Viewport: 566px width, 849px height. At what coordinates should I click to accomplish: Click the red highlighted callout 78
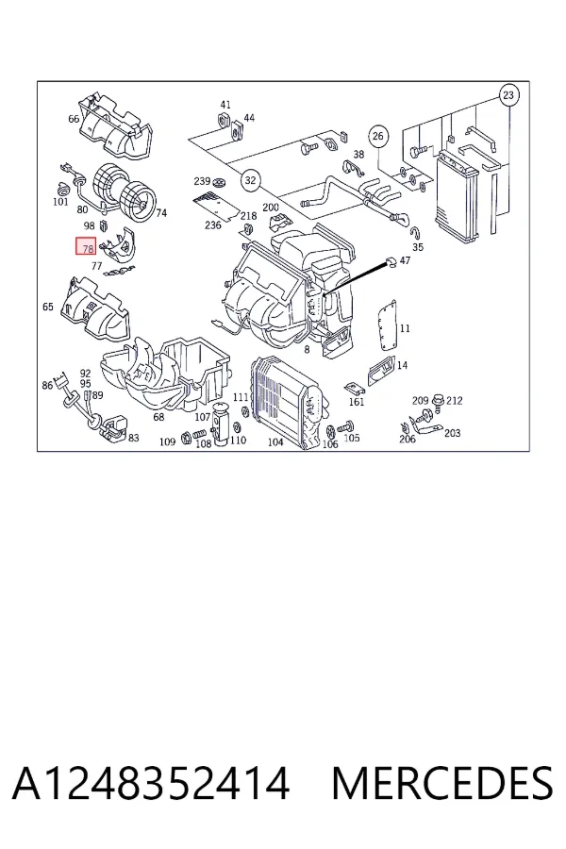[86, 247]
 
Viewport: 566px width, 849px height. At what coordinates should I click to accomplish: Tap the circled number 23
[508, 95]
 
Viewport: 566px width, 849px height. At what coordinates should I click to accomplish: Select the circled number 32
[250, 180]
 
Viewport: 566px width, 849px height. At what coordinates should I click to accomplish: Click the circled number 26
[378, 135]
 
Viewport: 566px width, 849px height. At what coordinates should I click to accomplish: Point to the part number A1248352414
[151, 784]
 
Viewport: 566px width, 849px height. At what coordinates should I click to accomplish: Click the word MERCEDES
[442, 784]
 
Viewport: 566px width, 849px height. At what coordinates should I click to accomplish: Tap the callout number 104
[275, 442]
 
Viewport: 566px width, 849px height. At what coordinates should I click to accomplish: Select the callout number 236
[213, 225]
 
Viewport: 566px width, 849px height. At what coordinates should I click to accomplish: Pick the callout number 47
[405, 260]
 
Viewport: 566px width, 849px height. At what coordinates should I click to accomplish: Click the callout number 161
[357, 402]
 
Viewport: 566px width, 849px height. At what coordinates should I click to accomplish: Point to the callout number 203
[452, 433]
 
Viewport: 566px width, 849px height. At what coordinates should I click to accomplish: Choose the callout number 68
[158, 417]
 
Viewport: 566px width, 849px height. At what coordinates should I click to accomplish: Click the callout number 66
[74, 119]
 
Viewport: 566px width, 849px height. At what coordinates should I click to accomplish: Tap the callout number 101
[60, 202]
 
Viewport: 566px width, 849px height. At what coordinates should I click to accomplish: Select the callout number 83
[133, 438]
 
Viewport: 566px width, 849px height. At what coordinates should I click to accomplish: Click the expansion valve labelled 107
[220, 425]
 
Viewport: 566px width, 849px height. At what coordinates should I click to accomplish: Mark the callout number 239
[202, 181]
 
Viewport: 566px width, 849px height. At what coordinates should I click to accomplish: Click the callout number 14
[402, 365]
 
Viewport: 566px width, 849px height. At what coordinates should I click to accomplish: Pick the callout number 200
[271, 208]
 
